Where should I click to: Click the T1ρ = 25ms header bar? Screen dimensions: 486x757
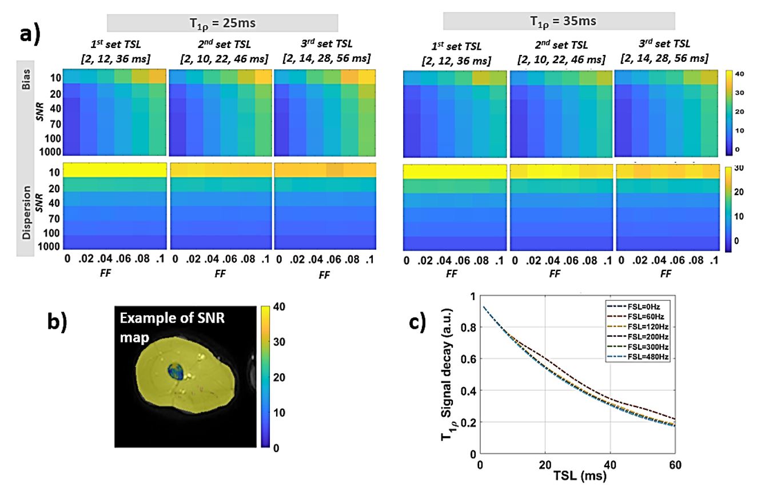pyautogui.click(x=222, y=22)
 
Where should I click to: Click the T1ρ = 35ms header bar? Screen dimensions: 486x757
pyautogui.click(x=559, y=21)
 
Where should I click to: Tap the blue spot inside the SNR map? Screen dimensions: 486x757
pyautogui.click(x=176, y=372)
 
